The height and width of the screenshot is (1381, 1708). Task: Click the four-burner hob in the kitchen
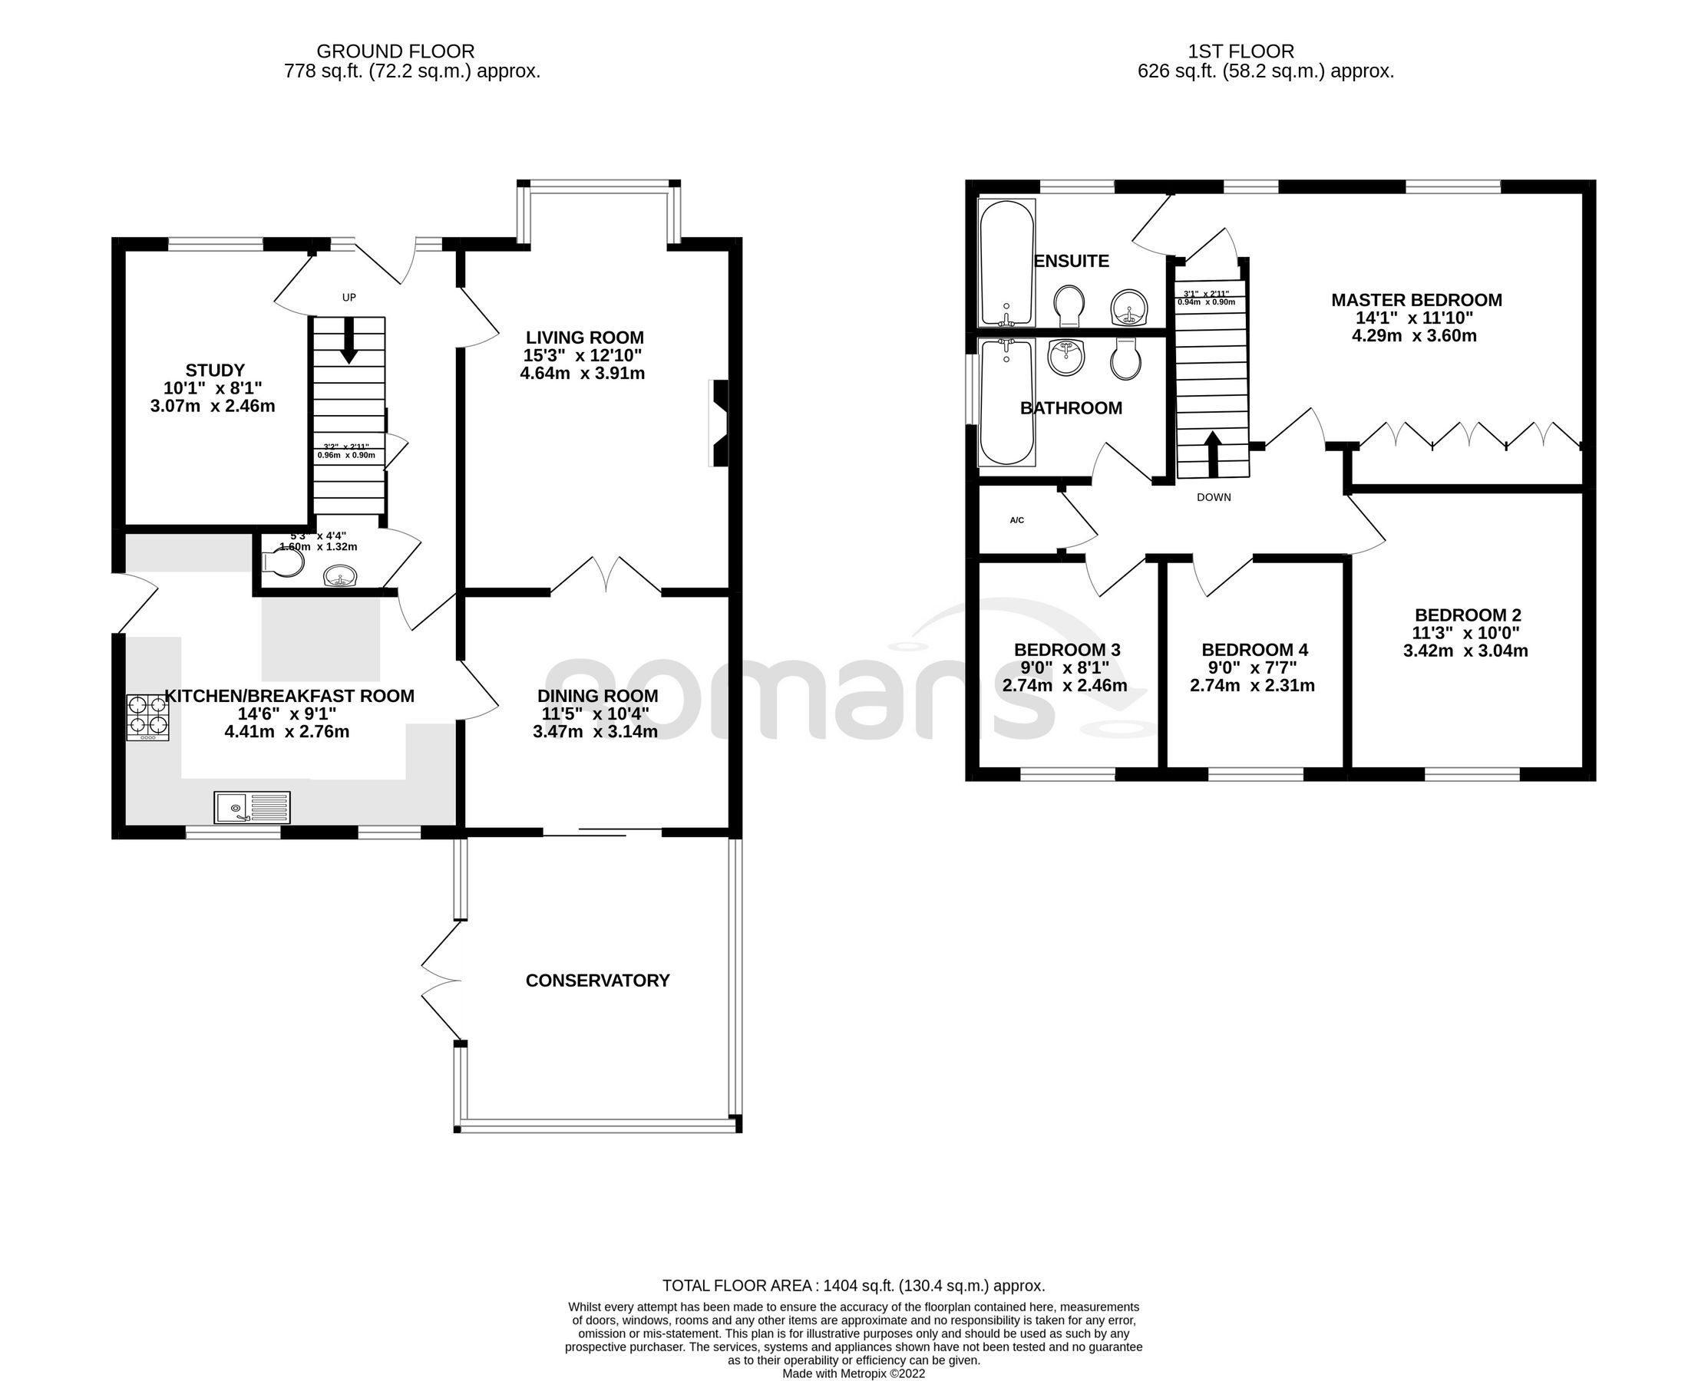(147, 717)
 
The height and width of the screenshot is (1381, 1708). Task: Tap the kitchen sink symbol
(253, 807)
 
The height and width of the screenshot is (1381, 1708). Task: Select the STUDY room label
(215, 371)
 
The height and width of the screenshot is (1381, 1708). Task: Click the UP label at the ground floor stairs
(349, 298)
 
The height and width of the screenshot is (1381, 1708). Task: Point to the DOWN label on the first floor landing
(1213, 497)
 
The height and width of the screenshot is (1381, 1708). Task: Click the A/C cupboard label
(1016, 520)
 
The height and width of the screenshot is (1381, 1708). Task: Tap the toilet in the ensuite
(1069, 306)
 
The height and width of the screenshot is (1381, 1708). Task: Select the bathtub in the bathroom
(1007, 402)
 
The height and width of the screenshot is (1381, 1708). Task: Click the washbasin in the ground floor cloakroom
(342, 576)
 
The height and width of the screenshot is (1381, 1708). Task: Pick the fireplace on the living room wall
(719, 423)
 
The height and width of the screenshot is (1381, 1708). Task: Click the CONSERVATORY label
(597, 981)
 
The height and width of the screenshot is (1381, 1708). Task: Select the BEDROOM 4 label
(1254, 650)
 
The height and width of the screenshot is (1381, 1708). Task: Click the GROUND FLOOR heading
(395, 51)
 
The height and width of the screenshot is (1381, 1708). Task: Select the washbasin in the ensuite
(1129, 307)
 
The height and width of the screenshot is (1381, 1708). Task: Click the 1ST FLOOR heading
(1241, 51)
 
